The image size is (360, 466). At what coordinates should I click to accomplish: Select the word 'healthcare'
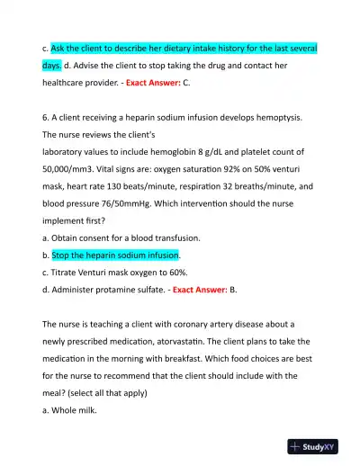point(72,82)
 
